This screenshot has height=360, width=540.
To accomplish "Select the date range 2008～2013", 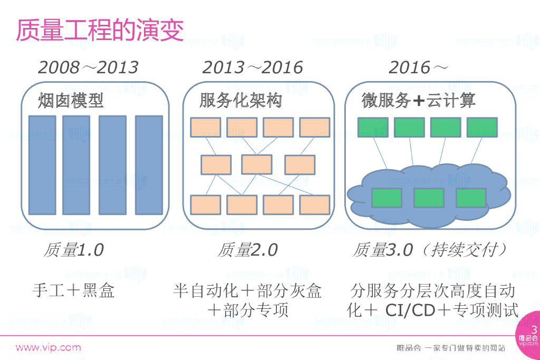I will tap(88, 67).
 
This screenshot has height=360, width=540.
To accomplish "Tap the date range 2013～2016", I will tap(253, 67).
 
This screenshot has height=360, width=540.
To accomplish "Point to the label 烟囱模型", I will tap(71, 101).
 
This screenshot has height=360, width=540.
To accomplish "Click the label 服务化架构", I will tap(240, 101).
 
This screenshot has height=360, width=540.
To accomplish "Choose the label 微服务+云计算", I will tap(418, 101).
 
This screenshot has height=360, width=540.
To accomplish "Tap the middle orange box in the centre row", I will tap(257, 164).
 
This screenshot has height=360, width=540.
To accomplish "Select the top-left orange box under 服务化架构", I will tap(206, 128).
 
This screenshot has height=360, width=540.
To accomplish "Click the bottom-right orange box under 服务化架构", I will tap(315, 205).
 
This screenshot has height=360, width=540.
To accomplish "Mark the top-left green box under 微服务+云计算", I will tap(373, 128).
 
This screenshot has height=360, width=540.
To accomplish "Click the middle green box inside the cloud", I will tap(428, 197).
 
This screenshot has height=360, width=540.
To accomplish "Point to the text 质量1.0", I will tap(73, 250).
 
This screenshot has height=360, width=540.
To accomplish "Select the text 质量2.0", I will tap(247, 250).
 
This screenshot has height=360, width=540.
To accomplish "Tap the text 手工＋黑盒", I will tap(73, 290).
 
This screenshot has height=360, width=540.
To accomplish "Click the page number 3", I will tap(533, 330).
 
